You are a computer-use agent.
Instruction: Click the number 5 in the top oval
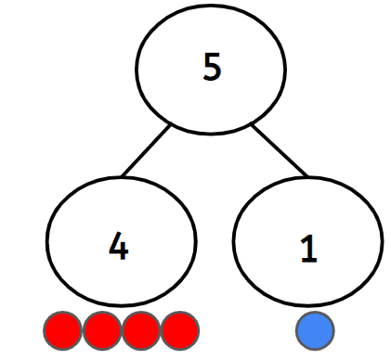click(212, 68)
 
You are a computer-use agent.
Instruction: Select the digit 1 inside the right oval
click(307, 247)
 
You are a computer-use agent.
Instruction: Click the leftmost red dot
click(63, 329)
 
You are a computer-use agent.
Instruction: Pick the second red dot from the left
click(102, 329)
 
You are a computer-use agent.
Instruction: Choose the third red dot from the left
click(141, 329)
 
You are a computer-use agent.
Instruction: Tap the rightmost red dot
click(180, 329)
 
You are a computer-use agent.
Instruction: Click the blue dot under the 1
click(315, 329)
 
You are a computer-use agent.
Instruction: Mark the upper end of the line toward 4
click(171, 124)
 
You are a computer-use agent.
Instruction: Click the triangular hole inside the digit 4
click(116, 245)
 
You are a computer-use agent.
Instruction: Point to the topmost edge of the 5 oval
click(212, 12)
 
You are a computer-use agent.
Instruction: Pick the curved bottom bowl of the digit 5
click(215, 77)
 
